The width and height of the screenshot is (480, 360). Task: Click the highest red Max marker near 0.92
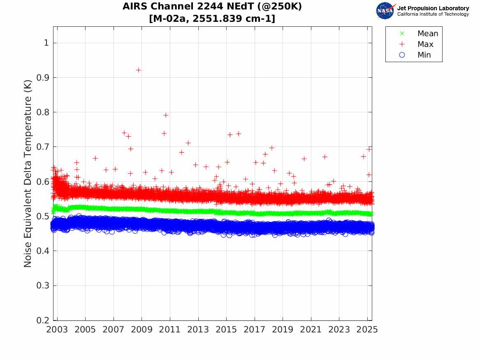point(139,70)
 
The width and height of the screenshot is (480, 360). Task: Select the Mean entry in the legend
point(428,34)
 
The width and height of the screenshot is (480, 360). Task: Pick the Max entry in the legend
point(425,44)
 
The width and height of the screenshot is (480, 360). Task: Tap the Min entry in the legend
point(424,55)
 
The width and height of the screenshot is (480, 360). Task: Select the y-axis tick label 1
point(47,43)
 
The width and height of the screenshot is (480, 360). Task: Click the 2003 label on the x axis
point(57,330)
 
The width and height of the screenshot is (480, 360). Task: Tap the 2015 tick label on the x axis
point(226,330)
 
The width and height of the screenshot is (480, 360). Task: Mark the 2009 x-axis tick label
point(141,330)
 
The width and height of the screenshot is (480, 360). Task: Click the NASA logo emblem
point(385,11)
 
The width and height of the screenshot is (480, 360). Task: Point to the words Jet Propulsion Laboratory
point(433,8)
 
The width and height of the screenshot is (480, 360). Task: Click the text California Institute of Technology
point(433,14)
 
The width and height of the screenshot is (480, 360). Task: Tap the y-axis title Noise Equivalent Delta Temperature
point(28,176)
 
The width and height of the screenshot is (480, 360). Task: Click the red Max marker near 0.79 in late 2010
point(166,115)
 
